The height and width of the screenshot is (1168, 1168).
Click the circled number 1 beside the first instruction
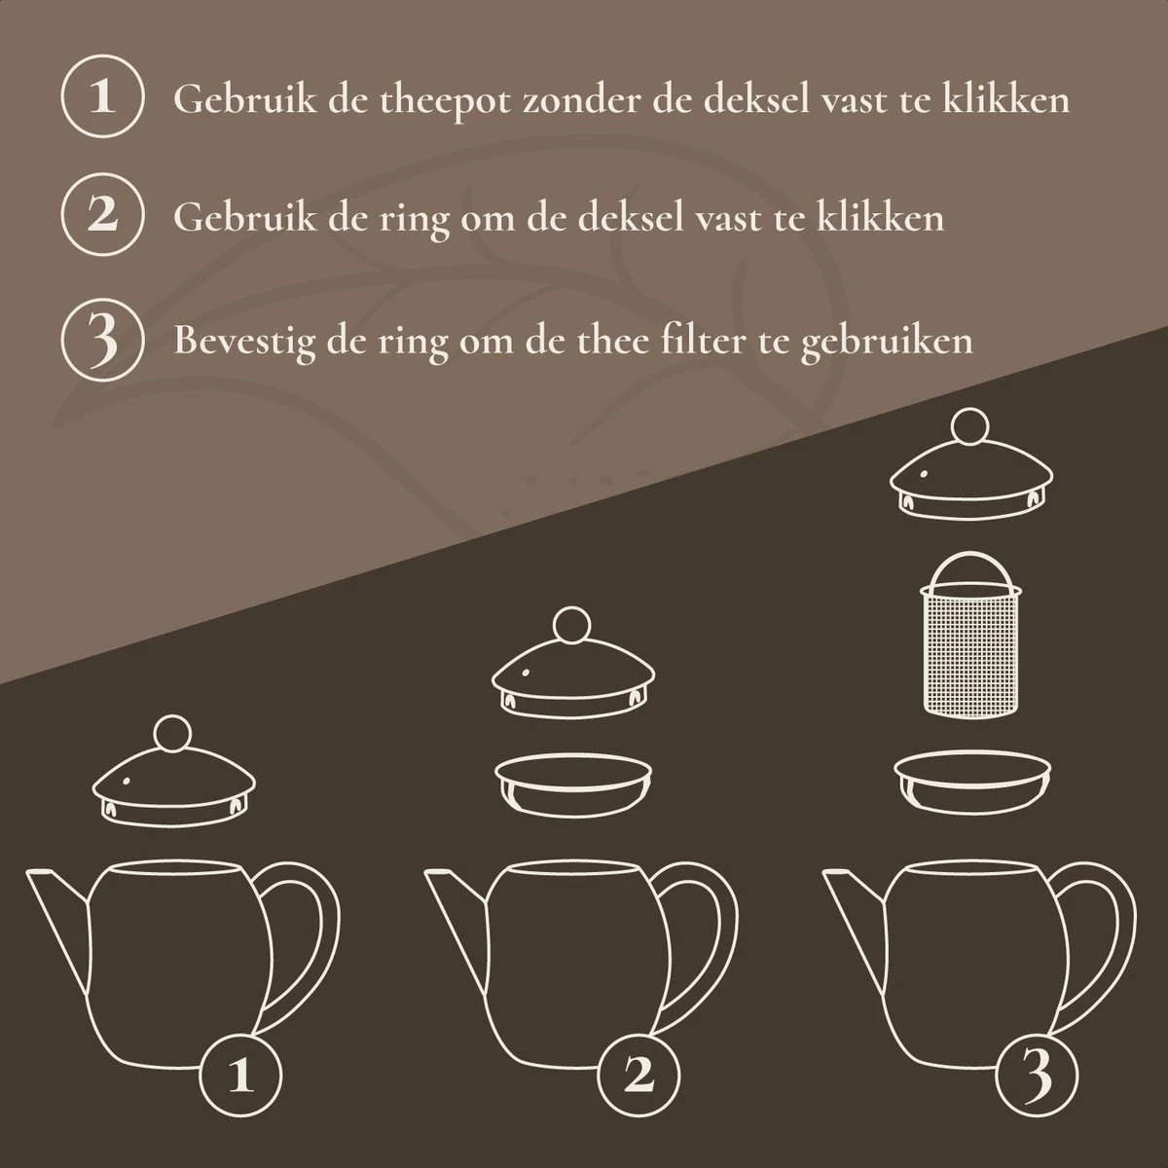[x=102, y=98]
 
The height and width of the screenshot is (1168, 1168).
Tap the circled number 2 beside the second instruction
[x=102, y=215]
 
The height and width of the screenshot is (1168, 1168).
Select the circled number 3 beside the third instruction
[x=102, y=340]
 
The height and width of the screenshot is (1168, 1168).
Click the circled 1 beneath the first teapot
[x=240, y=1074]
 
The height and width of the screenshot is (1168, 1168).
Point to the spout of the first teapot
[x=54, y=905]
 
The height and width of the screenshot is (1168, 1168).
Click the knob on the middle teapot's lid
[x=570, y=625]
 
